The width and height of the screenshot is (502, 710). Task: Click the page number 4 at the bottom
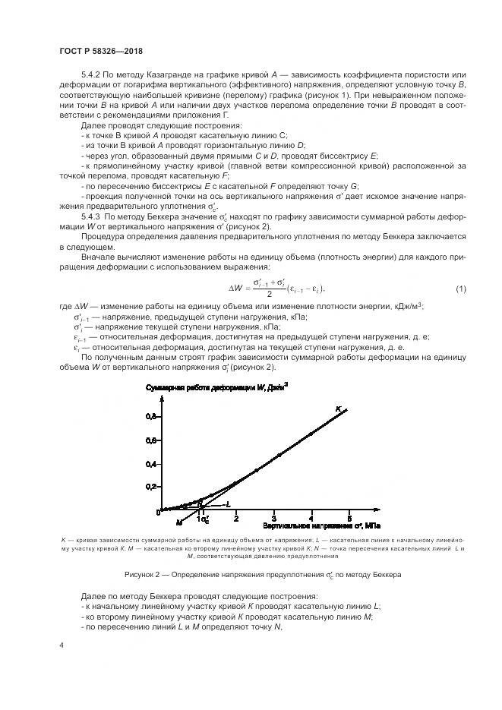61,645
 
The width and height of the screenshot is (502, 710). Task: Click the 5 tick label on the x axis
349,519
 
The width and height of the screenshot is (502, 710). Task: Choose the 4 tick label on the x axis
311,519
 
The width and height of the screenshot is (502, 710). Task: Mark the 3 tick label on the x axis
274,519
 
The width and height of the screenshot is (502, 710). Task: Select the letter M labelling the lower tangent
179,522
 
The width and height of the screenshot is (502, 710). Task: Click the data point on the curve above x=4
311,434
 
